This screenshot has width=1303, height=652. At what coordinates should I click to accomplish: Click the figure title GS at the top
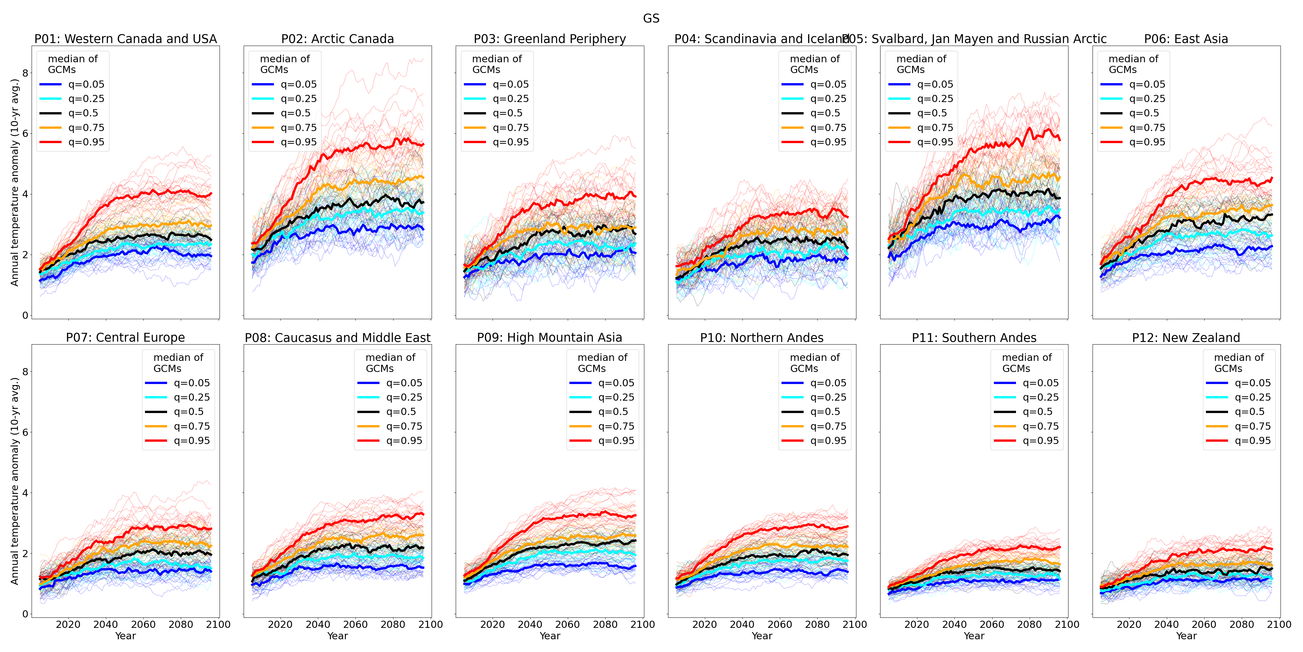pos(651,18)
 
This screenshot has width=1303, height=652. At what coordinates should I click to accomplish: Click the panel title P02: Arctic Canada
pos(337,39)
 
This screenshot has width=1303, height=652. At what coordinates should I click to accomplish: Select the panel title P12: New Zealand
pos(1186,338)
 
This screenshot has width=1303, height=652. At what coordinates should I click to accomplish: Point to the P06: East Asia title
pos(1186,39)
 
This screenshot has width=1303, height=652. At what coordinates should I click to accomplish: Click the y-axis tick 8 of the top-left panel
pos(25,73)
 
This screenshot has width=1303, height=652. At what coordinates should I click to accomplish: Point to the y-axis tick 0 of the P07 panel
pos(25,614)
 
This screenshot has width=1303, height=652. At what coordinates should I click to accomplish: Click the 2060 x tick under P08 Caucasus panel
pos(355,625)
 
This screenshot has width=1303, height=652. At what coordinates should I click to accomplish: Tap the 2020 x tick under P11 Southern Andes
pos(917,625)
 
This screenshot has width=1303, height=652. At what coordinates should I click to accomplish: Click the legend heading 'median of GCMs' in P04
pos(814,64)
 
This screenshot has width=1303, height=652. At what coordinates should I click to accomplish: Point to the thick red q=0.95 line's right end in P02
pos(423,145)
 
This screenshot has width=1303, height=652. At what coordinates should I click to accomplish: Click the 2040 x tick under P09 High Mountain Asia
pos(530,625)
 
